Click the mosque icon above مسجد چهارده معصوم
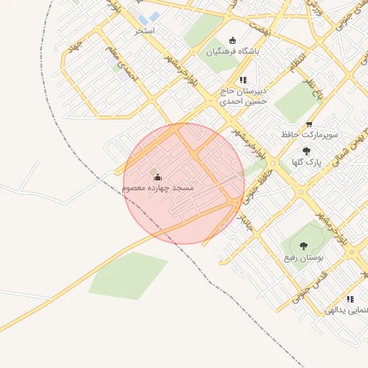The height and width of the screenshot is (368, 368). (157, 177)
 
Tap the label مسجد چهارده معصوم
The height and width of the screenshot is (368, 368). (158, 188)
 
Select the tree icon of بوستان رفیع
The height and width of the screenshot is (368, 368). (303, 246)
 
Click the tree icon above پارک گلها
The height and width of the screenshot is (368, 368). (307, 151)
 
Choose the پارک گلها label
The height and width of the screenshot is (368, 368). (306, 162)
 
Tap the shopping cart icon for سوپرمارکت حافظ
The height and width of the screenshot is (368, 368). (309, 124)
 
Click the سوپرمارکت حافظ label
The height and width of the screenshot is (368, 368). (310, 134)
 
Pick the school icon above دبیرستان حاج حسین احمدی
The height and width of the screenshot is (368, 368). (243, 80)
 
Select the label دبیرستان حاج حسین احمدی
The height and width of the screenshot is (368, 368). (244, 96)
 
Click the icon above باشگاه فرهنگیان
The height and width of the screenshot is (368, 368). (231, 40)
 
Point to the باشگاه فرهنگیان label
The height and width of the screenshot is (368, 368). (233, 52)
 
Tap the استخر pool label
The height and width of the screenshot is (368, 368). (144, 32)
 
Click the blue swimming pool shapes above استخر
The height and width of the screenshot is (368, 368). (149, 18)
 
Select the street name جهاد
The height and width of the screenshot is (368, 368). (75, 45)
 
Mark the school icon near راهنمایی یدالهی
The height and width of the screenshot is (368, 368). (350, 299)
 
